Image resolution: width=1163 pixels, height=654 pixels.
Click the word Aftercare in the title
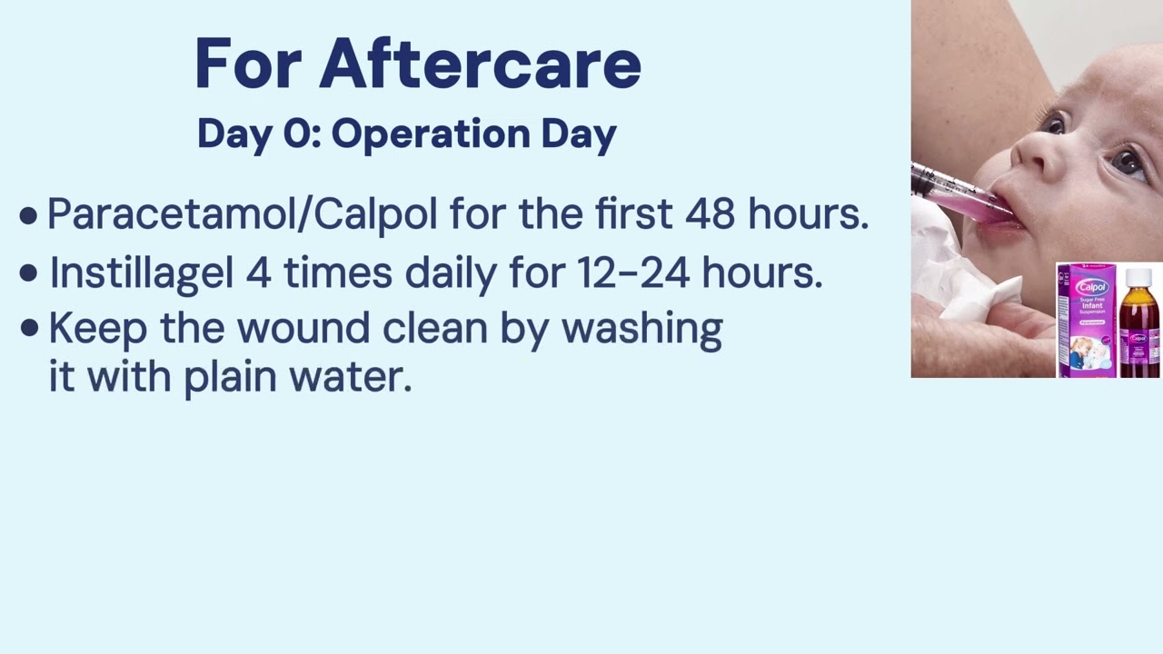481,64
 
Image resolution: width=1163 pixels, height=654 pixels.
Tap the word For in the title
248,64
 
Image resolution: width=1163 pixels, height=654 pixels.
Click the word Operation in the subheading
431,135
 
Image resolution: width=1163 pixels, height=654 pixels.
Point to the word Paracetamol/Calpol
243,213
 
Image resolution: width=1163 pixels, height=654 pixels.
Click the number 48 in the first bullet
710,213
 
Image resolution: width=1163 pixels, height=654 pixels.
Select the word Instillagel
141,273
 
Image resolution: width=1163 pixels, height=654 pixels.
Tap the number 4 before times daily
259,272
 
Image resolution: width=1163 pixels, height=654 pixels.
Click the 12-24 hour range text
634,272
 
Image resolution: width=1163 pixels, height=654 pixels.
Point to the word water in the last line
351,377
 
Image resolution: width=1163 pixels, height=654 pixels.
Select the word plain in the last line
231,379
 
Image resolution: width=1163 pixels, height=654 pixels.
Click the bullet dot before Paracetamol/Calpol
28,216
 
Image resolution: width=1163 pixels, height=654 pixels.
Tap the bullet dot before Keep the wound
30,328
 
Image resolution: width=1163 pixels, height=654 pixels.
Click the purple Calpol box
1086,321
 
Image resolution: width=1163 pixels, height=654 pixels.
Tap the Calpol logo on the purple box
1092,286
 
